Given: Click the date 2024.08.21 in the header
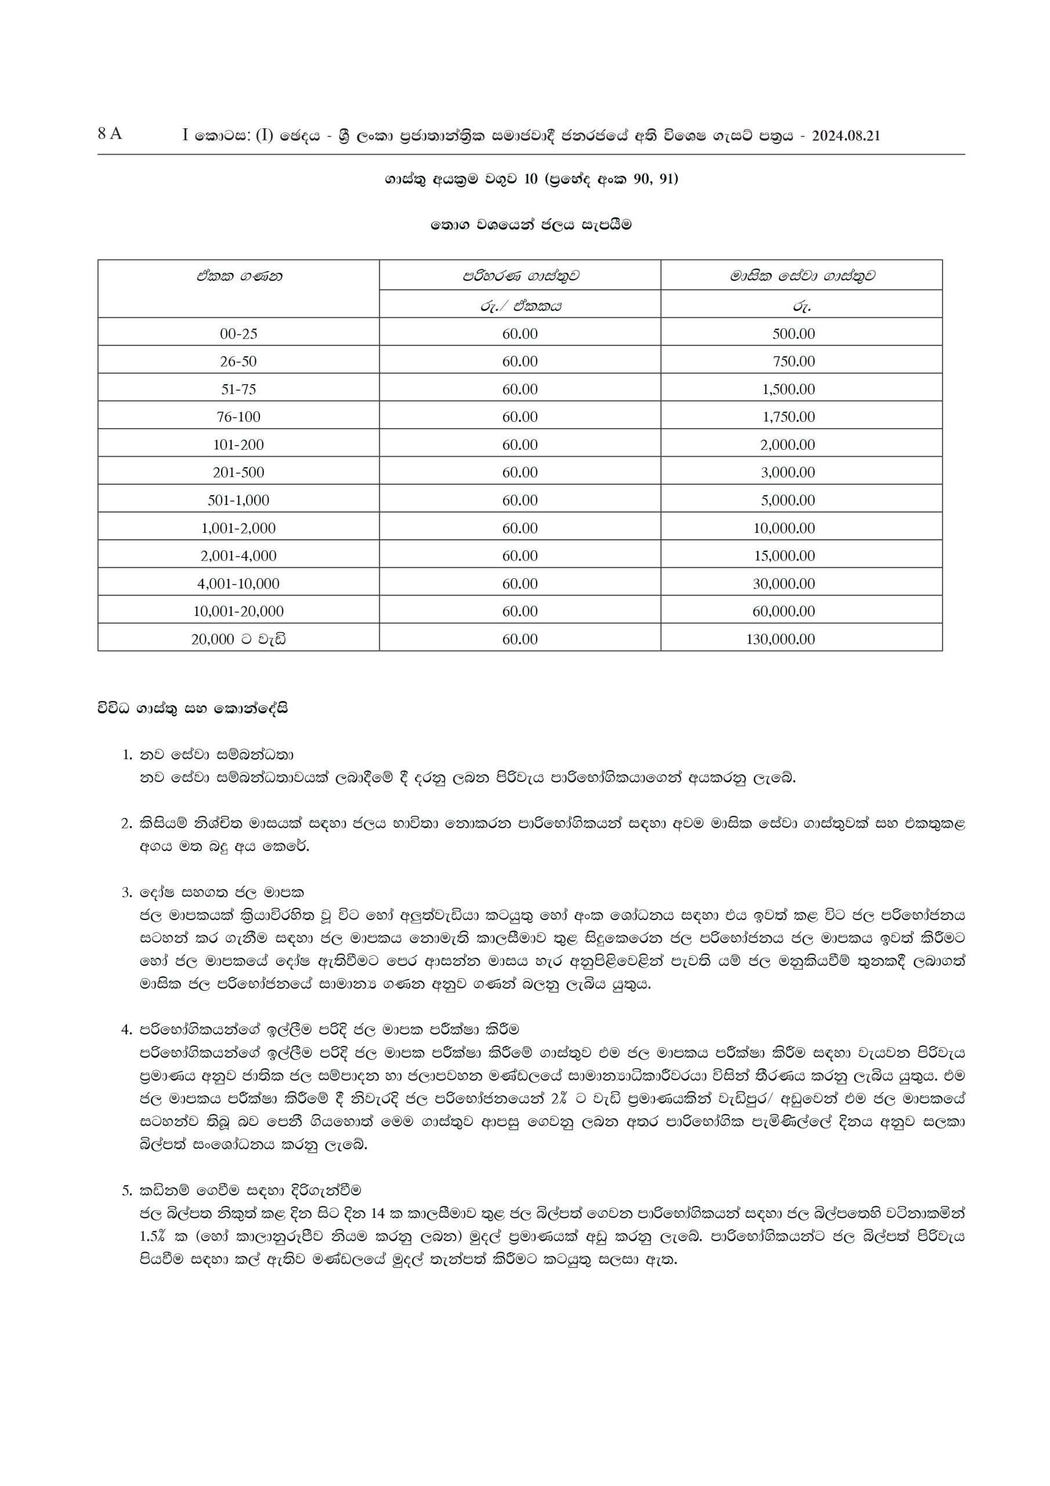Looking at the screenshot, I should (846, 136).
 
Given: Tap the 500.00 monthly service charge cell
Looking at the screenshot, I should (793, 334).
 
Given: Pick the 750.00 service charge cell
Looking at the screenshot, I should (793, 362).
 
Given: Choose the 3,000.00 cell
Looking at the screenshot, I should (787, 473).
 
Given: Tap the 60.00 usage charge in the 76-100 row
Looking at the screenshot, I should (520, 417).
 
